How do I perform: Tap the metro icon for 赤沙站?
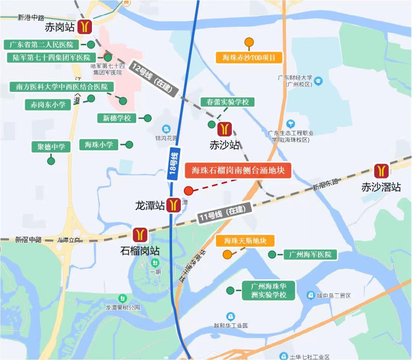click(225, 129)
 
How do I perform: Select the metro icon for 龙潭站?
click(174, 205)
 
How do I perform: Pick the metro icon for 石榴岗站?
click(140, 235)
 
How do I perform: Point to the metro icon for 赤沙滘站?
click(381, 172)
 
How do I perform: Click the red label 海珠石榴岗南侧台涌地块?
click(238, 170)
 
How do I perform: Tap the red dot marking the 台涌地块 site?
click(188, 191)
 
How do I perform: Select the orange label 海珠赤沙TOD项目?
click(248, 58)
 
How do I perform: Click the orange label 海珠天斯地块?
click(245, 241)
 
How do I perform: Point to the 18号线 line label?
click(174, 164)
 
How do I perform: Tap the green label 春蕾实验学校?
click(227, 102)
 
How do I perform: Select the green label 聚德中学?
click(51, 146)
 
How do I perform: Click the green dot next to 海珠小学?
click(129, 145)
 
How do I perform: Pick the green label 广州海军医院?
click(310, 254)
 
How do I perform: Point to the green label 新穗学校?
click(117, 118)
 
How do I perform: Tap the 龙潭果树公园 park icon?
click(123, 297)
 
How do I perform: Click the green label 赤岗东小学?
click(48, 104)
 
